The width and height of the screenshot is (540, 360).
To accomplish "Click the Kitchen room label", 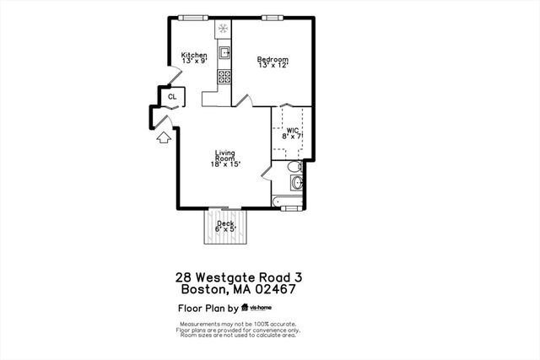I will point(194,58).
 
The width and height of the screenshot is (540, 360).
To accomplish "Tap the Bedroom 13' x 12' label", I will point(273,62).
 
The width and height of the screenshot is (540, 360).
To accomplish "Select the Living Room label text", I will point(224,158).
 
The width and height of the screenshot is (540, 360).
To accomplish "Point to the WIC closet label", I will point(293,132).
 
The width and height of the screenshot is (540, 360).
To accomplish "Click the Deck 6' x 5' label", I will point(224,226).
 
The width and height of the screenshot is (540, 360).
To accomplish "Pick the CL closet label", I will point(172,97).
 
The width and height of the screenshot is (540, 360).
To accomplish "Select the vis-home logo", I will point(259,308).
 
